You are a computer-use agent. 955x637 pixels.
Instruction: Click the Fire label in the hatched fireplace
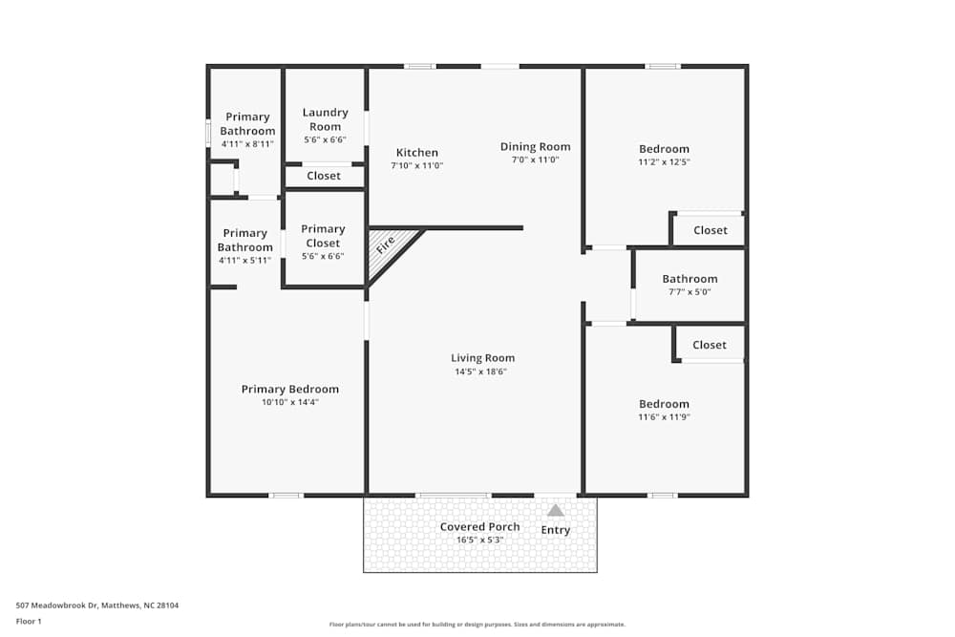point(385,244)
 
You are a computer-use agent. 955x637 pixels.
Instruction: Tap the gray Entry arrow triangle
point(556,511)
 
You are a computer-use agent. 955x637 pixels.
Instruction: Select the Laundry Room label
point(325,119)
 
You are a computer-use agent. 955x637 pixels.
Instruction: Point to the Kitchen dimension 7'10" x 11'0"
point(417,165)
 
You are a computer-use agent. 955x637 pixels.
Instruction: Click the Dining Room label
point(536,146)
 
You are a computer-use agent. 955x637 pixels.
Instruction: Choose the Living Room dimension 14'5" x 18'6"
point(483,372)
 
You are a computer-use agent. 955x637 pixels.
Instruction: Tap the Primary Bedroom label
point(289,389)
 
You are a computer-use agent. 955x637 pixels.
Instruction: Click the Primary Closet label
point(323,236)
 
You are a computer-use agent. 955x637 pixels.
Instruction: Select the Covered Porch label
point(480,527)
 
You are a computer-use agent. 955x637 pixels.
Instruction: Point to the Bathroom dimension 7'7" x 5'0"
point(690,292)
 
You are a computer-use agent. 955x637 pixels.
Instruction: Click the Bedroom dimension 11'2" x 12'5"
point(664,162)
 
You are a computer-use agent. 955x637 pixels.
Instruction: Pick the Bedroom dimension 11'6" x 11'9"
point(664,417)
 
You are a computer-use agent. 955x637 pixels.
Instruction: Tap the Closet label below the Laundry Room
point(324,176)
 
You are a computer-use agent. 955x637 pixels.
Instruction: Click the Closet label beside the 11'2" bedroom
point(710,230)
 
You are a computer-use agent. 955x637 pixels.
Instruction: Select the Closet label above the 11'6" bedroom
point(710,345)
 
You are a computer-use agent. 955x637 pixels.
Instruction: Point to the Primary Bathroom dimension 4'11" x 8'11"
point(247,144)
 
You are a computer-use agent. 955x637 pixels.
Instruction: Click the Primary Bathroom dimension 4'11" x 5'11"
point(245,260)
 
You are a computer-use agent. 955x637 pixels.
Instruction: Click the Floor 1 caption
point(29,621)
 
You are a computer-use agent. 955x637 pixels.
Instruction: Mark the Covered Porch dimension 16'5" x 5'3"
point(480,540)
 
